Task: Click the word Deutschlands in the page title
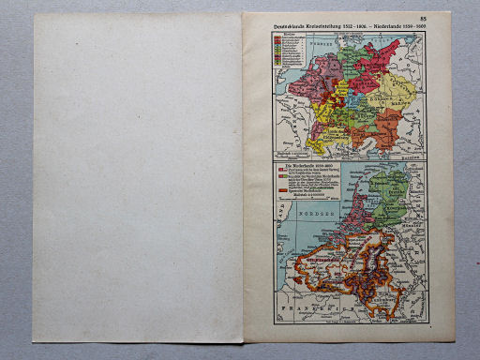291,22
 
